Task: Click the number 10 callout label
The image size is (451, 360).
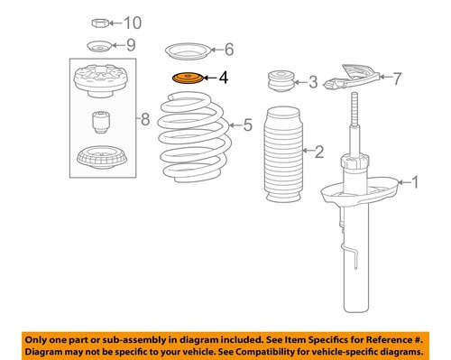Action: coord(133,23)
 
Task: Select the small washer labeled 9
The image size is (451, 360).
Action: coord(98,46)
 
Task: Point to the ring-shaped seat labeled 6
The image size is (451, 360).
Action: coord(187,50)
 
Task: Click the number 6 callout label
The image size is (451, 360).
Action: coord(228,50)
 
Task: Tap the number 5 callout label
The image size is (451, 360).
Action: coord(247,125)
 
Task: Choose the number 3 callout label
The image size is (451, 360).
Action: coord(312,84)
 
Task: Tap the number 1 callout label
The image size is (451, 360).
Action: coord(415,183)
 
